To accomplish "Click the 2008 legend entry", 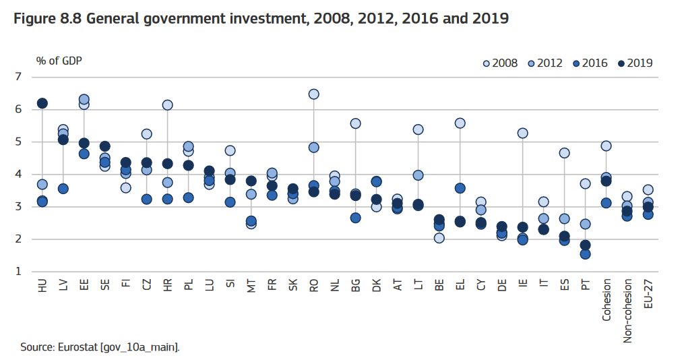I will [x=500, y=63].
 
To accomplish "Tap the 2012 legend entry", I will [x=545, y=63].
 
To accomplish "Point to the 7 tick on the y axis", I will [x=18, y=77].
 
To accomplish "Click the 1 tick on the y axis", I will [x=18, y=272].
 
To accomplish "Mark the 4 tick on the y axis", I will [x=18, y=175].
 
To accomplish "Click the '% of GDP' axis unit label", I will [x=59, y=61].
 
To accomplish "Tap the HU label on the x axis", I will [x=42, y=285].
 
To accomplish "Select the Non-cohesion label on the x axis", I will [x=627, y=311].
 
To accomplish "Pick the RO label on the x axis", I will [x=313, y=285].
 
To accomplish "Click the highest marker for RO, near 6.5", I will [x=313, y=94].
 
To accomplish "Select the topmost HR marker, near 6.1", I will [x=168, y=104].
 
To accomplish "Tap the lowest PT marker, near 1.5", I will [x=585, y=253].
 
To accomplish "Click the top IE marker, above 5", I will [x=522, y=133].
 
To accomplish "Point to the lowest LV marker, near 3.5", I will [x=63, y=189].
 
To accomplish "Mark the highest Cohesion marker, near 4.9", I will [x=606, y=146].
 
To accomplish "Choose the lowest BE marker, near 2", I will [x=439, y=237].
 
